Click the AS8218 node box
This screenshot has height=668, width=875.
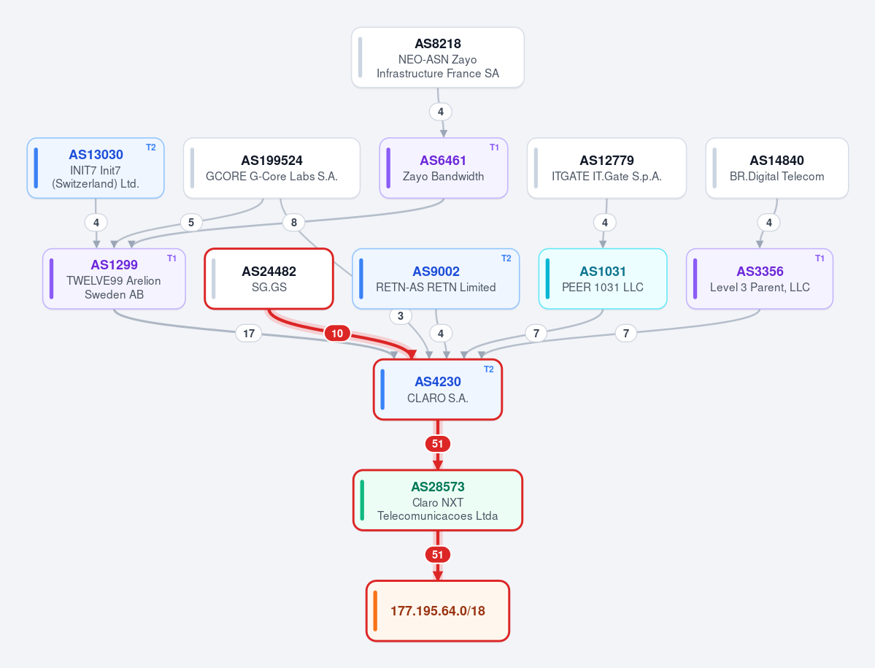click(438, 58)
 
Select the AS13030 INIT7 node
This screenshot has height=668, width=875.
click(96, 168)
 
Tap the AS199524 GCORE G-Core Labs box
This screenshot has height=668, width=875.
click(271, 168)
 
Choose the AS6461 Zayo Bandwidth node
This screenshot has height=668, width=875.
click(444, 168)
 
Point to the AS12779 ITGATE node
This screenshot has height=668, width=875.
click(606, 168)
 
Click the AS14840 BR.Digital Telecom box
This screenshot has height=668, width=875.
click(776, 168)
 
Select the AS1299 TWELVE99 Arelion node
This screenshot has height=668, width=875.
click(114, 278)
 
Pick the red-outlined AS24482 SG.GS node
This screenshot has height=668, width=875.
click(269, 278)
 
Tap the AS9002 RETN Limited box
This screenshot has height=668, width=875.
click(436, 278)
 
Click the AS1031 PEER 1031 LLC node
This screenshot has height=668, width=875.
click(603, 278)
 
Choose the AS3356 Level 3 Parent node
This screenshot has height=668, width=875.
click(760, 278)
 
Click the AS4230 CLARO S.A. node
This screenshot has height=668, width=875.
click(438, 390)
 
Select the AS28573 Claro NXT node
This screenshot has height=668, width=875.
click(438, 500)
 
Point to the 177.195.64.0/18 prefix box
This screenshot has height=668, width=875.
click(438, 611)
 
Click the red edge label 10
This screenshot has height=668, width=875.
click(337, 333)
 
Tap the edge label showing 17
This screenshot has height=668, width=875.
click(249, 333)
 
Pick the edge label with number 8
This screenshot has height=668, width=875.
click(293, 223)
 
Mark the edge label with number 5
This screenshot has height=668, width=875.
click(191, 223)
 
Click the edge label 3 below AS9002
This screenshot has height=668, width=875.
click(400, 316)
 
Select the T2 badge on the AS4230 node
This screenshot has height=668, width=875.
click(489, 369)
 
